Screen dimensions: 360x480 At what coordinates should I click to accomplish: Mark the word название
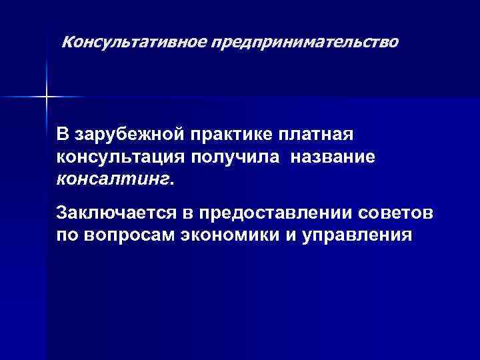point(333,157)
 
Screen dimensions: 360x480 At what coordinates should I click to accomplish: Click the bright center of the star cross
point(46,97)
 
